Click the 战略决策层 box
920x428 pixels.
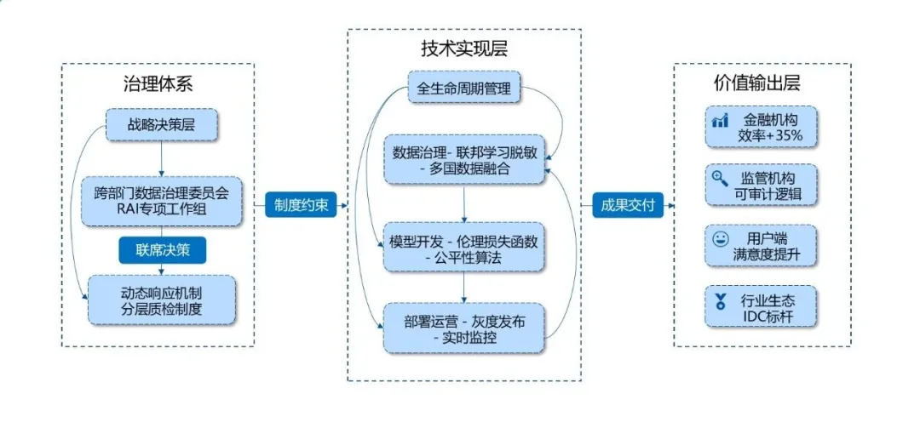(x=161, y=124)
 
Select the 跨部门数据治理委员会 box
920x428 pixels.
(x=161, y=201)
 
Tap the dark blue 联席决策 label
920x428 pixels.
(x=161, y=250)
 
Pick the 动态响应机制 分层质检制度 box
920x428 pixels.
(x=161, y=300)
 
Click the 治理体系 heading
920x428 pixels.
(x=158, y=84)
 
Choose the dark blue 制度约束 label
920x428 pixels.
(x=300, y=204)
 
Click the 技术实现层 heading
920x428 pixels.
(x=464, y=48)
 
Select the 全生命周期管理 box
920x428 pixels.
(x=464, y=88)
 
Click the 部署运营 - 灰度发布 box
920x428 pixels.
(x=464, y=328)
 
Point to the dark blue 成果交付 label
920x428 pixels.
(x=628, y=204)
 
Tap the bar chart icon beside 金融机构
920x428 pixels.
(x=720, y=122)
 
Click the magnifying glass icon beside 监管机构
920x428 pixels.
(x=720, y=179)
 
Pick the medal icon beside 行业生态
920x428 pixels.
(x=720, y=300)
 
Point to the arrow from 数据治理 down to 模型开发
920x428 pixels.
(x=464, y=204)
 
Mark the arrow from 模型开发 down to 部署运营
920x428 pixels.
(x=464, y=288)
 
